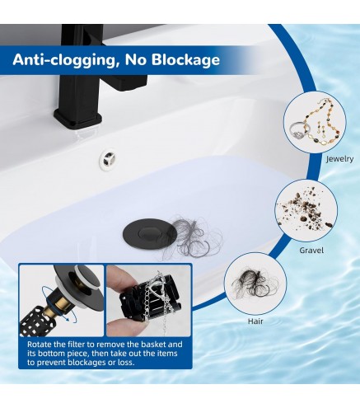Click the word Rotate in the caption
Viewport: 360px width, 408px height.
click(x=42, y=344)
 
